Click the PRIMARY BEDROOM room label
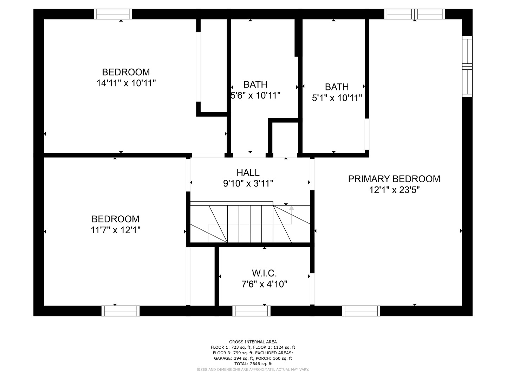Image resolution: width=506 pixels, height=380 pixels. point(394,179)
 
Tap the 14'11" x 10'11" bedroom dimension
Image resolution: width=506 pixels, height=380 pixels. point(126,83)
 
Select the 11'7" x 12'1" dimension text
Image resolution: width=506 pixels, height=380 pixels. point(116,230)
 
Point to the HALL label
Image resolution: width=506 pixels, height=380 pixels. point(248,172)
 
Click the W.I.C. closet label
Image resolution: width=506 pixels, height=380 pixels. point(264,273)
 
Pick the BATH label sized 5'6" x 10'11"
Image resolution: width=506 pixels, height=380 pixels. point(255,84)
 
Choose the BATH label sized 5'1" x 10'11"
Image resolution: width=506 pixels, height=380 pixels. point(337,87)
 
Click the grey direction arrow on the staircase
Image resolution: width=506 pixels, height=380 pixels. point(291,208)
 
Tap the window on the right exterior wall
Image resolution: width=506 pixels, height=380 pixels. point(467,66)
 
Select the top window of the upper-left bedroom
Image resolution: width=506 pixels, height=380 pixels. point(113,14)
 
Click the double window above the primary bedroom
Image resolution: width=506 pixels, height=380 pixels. point(415,14)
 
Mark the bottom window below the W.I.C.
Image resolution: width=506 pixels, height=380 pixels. point(251,311)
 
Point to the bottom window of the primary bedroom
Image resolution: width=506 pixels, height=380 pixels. point(361,311)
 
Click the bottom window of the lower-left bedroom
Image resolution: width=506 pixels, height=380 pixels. point(121,311)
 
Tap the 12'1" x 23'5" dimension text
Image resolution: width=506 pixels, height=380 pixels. point(394,190)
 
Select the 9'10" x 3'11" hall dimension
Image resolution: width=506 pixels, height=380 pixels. point(248,183)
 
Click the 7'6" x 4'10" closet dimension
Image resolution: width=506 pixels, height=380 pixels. point(264,284)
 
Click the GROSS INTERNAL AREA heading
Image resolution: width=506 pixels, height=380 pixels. point(253,342)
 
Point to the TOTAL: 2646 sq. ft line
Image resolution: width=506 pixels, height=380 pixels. point(253,364)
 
